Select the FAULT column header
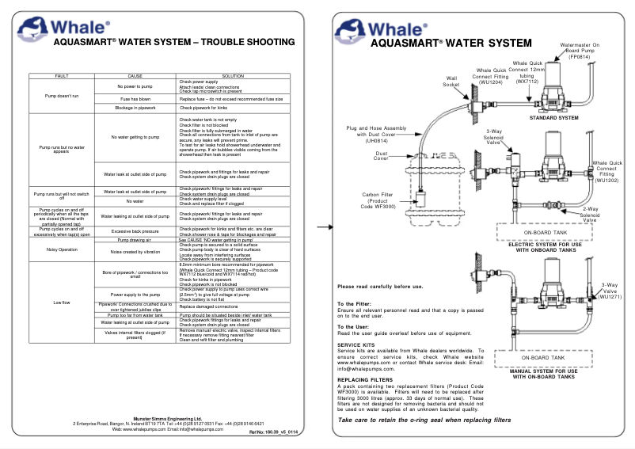pyautogui.click(x=61, y=75)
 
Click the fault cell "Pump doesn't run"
pyautogui.click(x=61, y=95)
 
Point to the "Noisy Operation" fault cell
pyautogui.click(x=61, y=249)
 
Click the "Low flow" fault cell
pyautogui.click(x=61, y=302)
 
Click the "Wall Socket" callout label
pyautogui.click(x=451, y=82)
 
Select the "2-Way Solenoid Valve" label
pyautogui.click(x=590, y=211)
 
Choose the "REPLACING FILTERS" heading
pyautogui.click(x=361, y=379)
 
